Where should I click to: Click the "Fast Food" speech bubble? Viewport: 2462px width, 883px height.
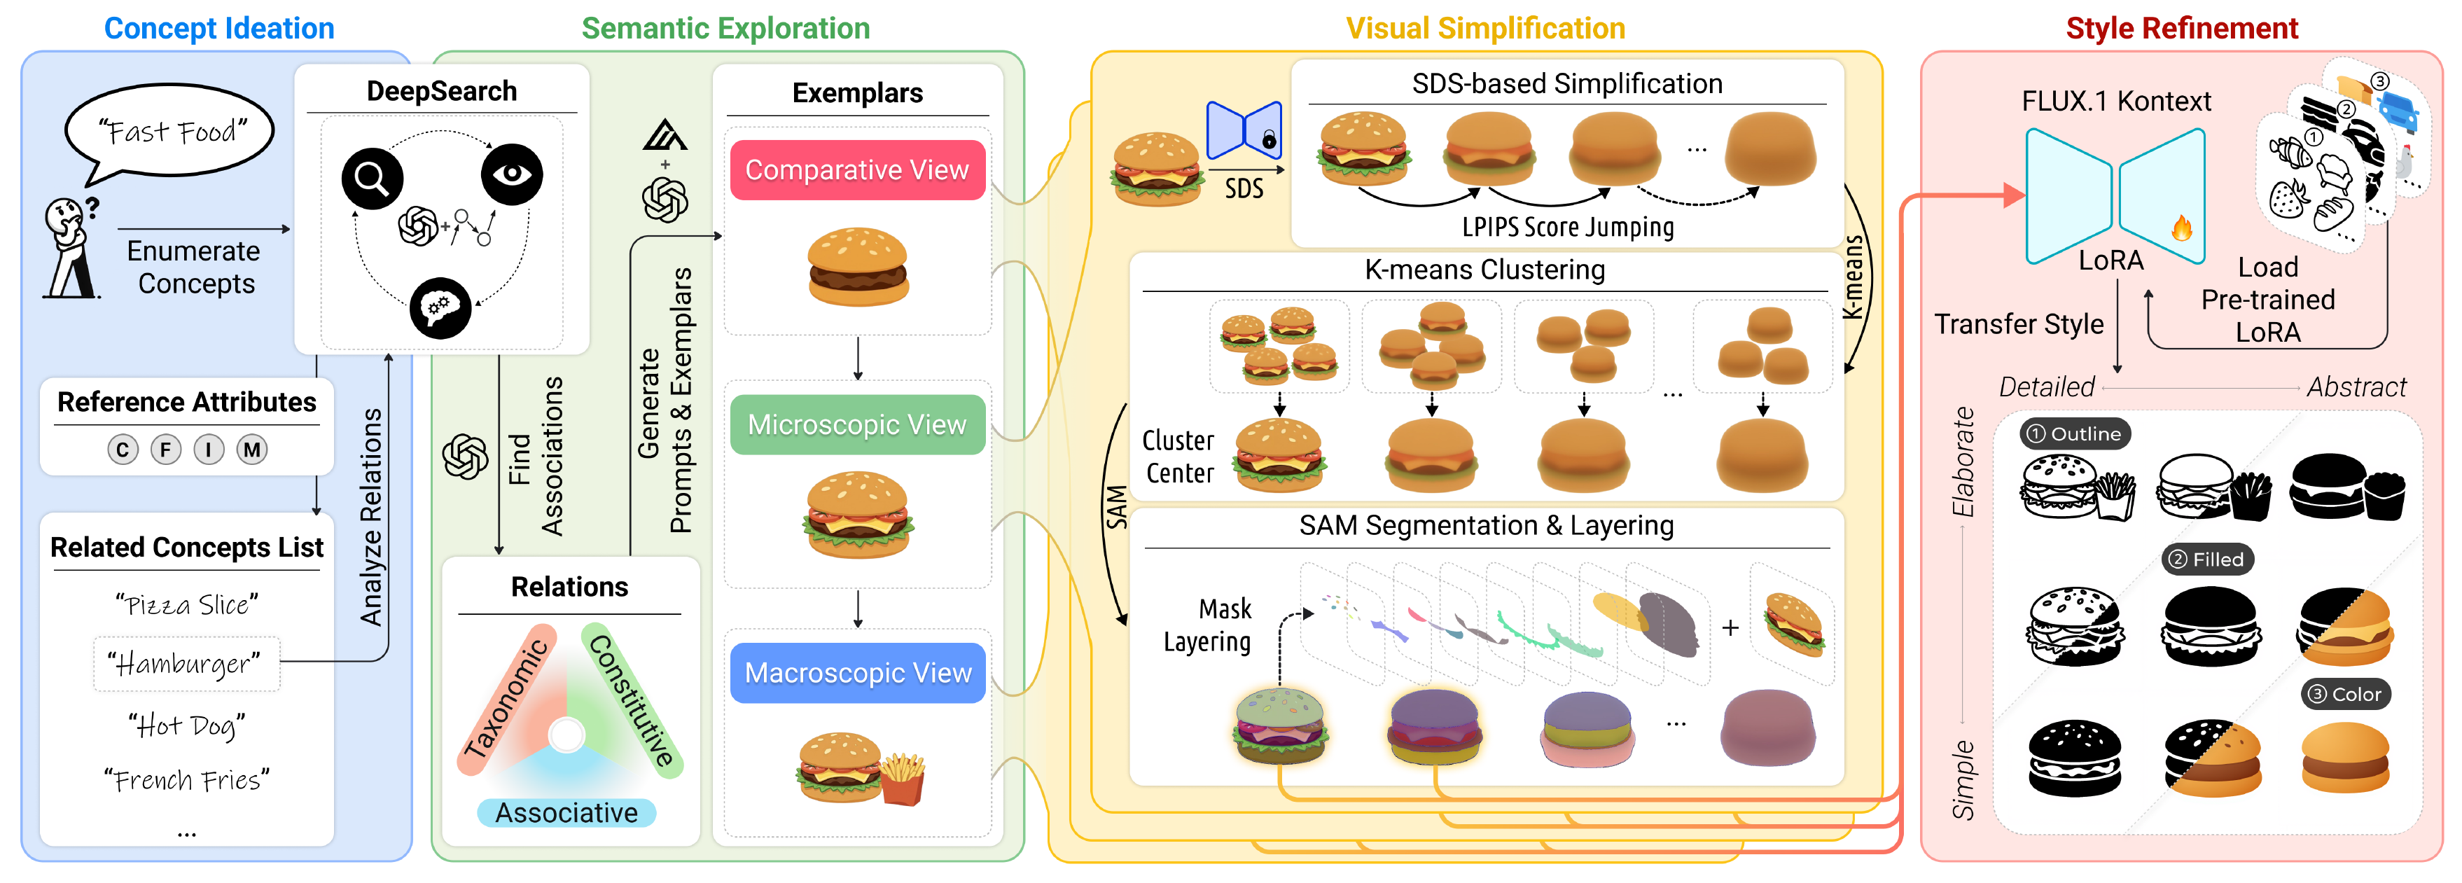coord(170,131)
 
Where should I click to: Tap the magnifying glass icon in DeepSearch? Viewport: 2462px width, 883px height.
coord(372,179)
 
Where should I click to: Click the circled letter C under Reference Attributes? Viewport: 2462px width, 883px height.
coord(123,449)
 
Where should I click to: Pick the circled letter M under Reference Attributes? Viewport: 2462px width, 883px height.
coord(251,449)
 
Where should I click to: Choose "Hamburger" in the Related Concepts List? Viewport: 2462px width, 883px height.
coord(186,663)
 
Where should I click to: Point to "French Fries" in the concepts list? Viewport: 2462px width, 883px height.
coord(186,781)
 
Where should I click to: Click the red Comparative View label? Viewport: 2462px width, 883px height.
coord(857,170)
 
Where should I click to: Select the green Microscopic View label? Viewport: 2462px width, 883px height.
coord(857,424)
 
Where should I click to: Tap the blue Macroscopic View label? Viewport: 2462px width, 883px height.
coord(857,673)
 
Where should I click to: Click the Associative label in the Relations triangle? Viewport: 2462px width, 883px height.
coord(566,812)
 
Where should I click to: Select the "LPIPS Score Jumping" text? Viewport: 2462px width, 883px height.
coord(1567,228)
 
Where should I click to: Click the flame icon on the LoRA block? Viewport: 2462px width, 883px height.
coord(2181,228)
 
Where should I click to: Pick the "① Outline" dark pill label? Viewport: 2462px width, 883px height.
coord(2075,434)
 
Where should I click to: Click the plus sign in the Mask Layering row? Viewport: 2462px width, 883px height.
coord(1730,628)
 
